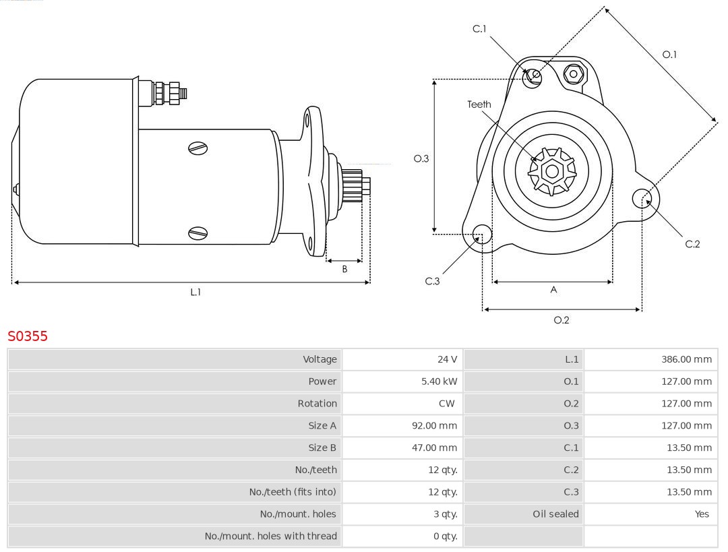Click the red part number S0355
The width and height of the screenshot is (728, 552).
pyautogui.click(x=28, y=336)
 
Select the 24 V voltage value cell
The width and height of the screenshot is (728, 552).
pyautogui.click(x=446, y=359)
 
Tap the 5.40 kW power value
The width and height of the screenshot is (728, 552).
pyautogui.click(x=439, y=381)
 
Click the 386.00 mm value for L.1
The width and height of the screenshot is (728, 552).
pyautogui.click(x=686, y=359)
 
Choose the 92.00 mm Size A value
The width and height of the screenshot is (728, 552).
pyautogui.click(x=434, y=426)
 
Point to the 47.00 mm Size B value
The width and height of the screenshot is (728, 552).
pyautogui.click(x=434, y=448)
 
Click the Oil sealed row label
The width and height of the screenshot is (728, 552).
pyautogui.click(x=555, y=514)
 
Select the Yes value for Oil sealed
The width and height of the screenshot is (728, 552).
pyautogui.click(x=702, y=514)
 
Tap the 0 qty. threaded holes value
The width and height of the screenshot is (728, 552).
pyautogui.click(x=444, y=536)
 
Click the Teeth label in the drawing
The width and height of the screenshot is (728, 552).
pyautogui.click(x=479, y=104)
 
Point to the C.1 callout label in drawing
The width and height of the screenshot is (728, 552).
pyautogui.click(x=479, y=29)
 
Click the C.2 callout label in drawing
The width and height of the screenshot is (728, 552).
pyautogui.click(x=692, y=244)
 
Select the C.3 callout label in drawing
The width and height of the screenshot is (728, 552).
pyautogui.click(x=432, y=281)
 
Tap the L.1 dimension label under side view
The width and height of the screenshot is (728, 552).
pyautogui.click(x=195, y=293)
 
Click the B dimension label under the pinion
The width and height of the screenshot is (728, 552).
pyautogui.click(x=344, y=269)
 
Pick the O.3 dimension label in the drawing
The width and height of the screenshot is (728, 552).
pyautogui.click(x=421, y=159)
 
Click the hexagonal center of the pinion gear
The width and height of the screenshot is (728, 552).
pyautogui.click(x=552, y=171)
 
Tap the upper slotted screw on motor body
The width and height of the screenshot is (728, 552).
pyautogui.click(x=198, y=148)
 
